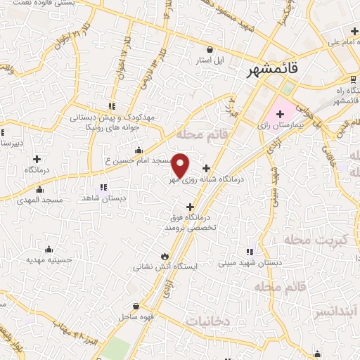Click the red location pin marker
(x=181, y=165)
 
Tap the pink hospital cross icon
(x=279, y=113)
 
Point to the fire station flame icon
(x=165, y=256)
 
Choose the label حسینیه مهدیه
(x=49, y=259)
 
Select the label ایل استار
(x=210, y=60)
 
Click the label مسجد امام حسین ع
(x=139, y=160)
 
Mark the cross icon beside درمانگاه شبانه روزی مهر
(x=206, y=168)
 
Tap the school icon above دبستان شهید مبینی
(x=248, y=252)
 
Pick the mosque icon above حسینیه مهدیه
(x=49, y=249)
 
